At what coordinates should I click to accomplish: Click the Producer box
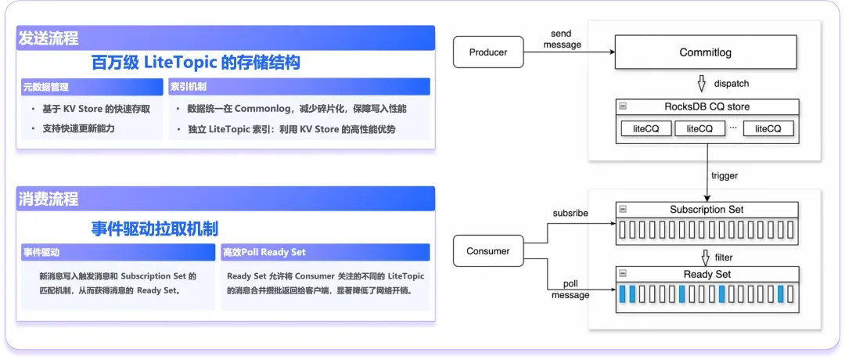click(x=488, y=52)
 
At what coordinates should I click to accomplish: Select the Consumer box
click(x=488, y=251)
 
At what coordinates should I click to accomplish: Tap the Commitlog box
click(x=706, y=52)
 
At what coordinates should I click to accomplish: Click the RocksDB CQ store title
click(x=706, y=106)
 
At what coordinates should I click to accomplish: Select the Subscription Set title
click(x=707, y=210)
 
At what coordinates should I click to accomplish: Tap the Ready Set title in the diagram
click(x=707, y=275)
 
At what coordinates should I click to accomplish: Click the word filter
click(x=723, y=257)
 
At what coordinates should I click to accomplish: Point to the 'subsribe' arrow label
click(x=570, y=213)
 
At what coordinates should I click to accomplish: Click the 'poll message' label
click(x=570, y=289)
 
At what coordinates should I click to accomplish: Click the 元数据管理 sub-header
click(x=92, y=86)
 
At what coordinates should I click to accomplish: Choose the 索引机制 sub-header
click(x=300, y=86)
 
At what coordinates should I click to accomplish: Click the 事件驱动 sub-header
click(x=117, y=253)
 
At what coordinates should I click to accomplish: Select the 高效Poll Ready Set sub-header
click(x=325, y=253)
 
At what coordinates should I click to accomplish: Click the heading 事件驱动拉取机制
click(x=155, y=229)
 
